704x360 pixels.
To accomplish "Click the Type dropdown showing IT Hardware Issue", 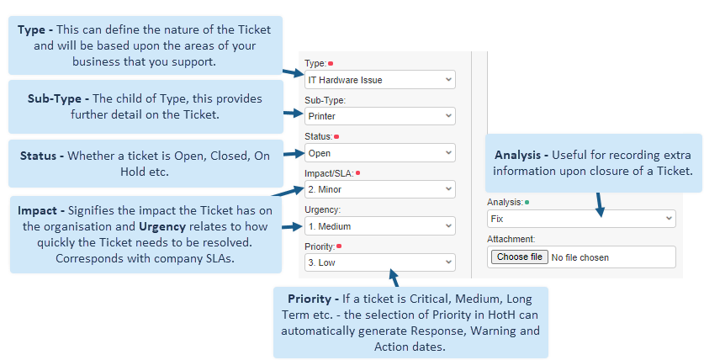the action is pos(380,80).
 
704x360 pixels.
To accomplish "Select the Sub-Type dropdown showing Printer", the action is pos(380,116).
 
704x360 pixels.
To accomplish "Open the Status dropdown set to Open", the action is pos(380,153).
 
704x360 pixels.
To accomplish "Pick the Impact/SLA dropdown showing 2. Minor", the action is pos(380,189).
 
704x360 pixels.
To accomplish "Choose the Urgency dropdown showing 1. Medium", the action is pos(380,226).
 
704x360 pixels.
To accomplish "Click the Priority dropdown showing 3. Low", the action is pos(380,262).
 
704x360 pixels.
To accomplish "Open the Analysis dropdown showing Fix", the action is pos(581,219).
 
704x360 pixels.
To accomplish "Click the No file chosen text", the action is pos(580,257).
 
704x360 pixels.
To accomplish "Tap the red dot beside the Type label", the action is pos(331,64).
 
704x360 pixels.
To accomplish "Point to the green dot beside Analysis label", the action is pos(527,203).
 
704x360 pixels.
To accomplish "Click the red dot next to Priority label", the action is pos(339,246).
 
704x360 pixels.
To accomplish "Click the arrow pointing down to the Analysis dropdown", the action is pos(600,205).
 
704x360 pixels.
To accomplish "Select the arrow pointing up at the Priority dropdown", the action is pos(394,278).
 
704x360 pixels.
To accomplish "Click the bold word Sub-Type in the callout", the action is pos(55,98).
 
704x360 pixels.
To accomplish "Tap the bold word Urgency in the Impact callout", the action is pos(162,227).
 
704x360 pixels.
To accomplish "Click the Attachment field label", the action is pos(511,239).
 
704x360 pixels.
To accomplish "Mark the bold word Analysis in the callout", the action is pos(518,156).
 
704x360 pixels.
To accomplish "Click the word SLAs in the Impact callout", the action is pos(220,258).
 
